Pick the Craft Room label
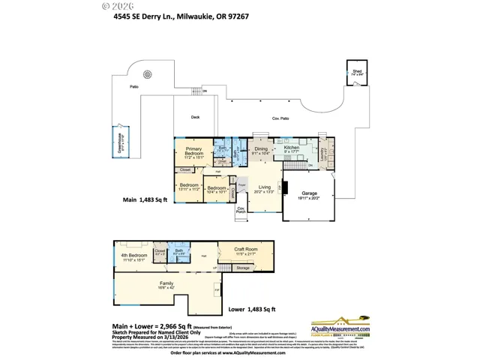(245, 250)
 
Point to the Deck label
(195, 117)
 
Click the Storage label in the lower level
(242, 267)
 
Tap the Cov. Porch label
(241, 210)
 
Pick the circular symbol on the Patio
(148, 74)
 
